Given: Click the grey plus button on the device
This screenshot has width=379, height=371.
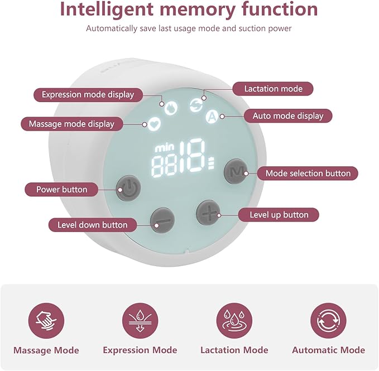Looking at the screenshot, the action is click(208, 213).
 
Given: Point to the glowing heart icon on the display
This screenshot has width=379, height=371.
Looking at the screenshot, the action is click(154, 124).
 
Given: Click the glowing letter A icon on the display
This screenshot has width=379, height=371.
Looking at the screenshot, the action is click(212, 117).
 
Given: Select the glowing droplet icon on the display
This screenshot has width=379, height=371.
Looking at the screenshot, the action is click(171, 108).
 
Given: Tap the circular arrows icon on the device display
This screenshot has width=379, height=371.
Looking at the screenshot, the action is click(196, 105).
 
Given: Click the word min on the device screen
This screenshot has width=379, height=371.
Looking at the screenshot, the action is click(164, 148).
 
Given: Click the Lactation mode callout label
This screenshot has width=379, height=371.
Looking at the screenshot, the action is click(273, 89).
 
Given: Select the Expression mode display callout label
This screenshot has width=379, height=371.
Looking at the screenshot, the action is click(88, 95).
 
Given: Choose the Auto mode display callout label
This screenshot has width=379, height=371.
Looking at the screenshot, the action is click(288, 115).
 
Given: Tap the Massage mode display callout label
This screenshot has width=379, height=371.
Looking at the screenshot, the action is click(72, 124).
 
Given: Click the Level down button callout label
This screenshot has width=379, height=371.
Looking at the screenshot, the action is click(93, 225).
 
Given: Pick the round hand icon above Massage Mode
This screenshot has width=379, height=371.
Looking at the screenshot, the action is click(46, 321).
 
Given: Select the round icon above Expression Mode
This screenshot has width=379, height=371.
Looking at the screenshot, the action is click(140, 321).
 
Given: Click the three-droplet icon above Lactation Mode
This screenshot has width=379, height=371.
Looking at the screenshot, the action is click(234, 321).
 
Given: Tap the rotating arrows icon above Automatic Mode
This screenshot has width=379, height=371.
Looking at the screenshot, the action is click(328, 321).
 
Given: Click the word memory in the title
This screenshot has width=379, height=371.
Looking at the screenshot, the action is click(198, 9).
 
